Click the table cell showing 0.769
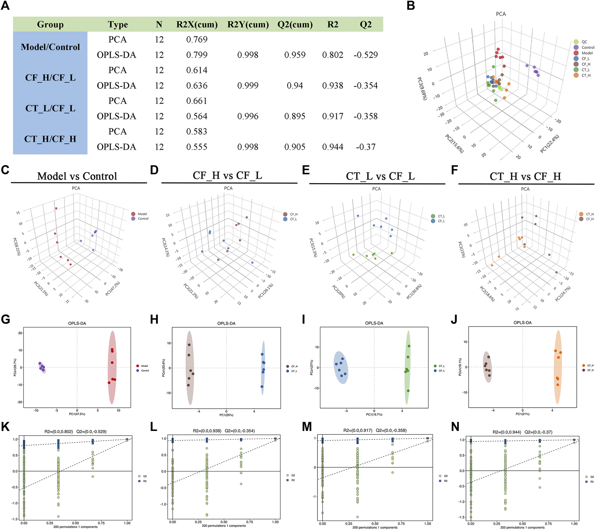(x=197, y=39)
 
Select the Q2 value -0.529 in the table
(x=366, y=55)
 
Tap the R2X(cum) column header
(x=197, y=25)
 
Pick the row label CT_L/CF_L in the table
(x=50, y=108)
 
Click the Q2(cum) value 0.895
(x=295, y=116)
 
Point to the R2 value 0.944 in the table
(x=333, y=147)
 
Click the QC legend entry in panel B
(x=584, y=42)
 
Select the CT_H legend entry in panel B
(x=586, y=75)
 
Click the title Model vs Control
(x=77, y=176)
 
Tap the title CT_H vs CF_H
(x=525, y=176)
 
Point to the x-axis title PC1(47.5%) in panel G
(x=77, y=414)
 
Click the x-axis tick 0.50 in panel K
(x=75, y=523)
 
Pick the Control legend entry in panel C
(x=143, y=219)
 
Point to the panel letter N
(x=455, y=427)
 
